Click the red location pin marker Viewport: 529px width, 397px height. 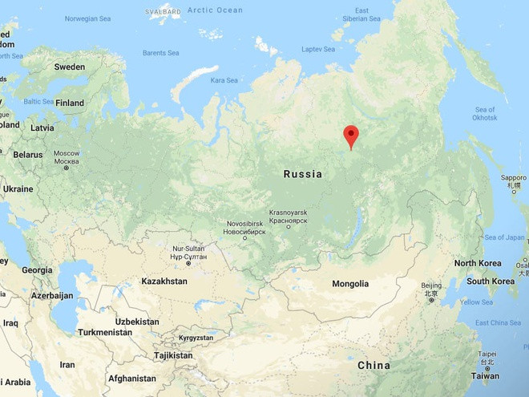(x=350, y=136)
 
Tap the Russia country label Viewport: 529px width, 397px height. (x=303, y=174)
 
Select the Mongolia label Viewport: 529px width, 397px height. (x=350, y=284)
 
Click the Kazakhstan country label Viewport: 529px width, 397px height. (x=164, y=282)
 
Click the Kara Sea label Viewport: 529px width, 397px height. (x=224, y=80)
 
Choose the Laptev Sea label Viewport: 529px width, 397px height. (x=318, y=49)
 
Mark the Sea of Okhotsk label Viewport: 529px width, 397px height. (x=485, y=114)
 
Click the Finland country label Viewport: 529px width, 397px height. (x=69, y=103)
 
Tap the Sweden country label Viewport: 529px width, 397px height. (x=69, y=67)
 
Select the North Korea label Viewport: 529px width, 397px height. (x=478, y=263)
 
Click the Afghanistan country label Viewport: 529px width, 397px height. (x=131, y=379)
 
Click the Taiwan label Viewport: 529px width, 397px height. (x=484, y=375)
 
